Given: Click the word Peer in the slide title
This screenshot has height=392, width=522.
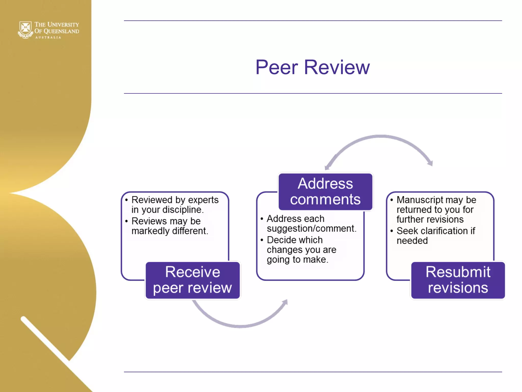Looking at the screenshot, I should (x=277, y=67).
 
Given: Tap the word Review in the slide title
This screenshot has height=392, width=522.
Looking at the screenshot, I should (x=337, y=67).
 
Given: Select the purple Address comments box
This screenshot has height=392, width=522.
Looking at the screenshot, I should (x=325, y=191).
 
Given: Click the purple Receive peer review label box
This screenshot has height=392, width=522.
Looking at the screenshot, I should (x=192, y=280).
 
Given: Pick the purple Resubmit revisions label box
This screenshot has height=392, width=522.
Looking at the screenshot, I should (x=458, y=280).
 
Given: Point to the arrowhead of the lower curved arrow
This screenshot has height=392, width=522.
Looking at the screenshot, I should (x=285, y=303).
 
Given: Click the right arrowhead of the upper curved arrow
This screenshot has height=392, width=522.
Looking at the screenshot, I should (x=430, y=163).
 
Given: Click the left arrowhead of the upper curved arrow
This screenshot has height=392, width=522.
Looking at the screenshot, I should (x=327, y=167).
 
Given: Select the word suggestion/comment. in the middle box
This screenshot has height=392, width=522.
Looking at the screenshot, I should (x=311, y=228).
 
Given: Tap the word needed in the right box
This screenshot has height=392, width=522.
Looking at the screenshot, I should (x=412, y=241).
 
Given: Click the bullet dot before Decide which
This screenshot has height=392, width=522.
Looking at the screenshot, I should (x=262, y=240).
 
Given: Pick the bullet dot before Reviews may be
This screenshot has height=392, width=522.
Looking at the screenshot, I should (x=126, y=221).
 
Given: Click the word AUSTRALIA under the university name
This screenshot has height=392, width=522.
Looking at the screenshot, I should (x=48, y=38).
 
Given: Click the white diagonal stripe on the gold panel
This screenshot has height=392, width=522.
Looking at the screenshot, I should (x=46, y=339).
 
